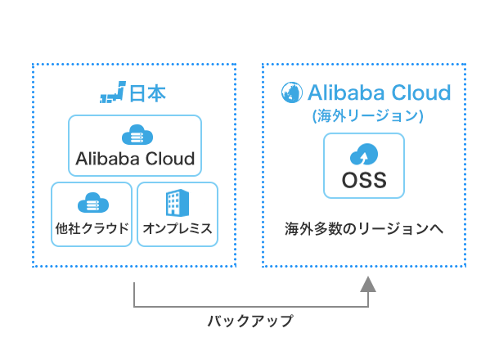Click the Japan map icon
[113, 92]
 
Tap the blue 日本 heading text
[148, 93]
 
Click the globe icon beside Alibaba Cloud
[292, 92]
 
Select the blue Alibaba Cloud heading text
[379, 92]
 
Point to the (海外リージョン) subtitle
[368, 115]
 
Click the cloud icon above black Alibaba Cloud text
[137, 135]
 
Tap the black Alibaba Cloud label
[135, 159]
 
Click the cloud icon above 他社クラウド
[93, 202]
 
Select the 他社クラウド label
[92, 228]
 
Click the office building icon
[178, 203]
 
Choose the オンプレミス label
[178, 228]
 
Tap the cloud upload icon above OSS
[364, 154]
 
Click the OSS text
[364, 180]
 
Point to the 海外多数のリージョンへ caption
[364, 228]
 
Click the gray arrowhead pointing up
[368, 284]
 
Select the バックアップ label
[250, 321]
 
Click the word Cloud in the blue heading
[421, 92]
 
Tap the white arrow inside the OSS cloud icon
[364, 156]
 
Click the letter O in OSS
[349, 180]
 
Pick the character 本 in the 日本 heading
[157, 93]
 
